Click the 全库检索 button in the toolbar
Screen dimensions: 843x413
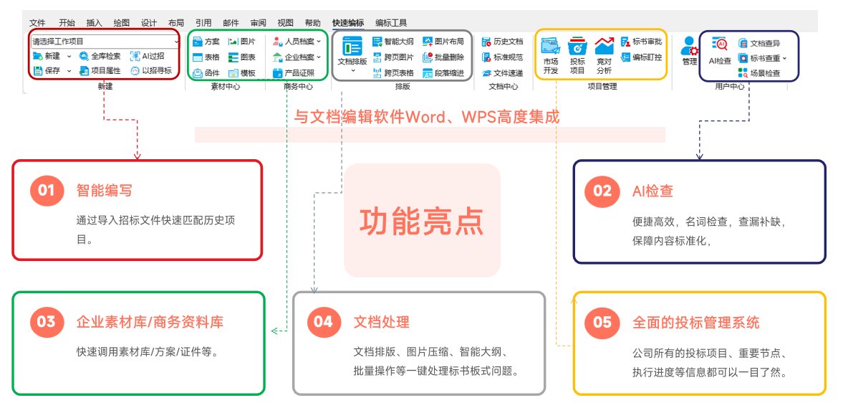click(x=100, y=56)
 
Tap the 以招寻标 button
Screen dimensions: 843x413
click(x=150, y=70)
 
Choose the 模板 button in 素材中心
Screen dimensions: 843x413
click(x=242, y=73)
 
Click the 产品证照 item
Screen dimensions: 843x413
click(x=294, y=73)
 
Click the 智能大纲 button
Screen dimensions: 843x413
click(x=393, y=41)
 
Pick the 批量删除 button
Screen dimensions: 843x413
click(x=443, y=57)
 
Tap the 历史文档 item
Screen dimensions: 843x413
click(x=503, y=41)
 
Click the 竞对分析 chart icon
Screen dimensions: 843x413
click(x=604, y=46)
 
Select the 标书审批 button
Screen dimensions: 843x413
click(x=641, y=41)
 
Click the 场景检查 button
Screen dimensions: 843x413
click(x=758, y=73)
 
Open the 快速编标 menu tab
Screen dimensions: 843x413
click(x=348, y=23)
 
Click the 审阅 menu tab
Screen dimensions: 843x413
click(x=258, y=23)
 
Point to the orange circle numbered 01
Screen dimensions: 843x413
click(x=47, y=190)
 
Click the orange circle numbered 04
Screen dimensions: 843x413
click(x=324, y=321)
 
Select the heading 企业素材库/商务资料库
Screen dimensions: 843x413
click(x=150, y=322)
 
